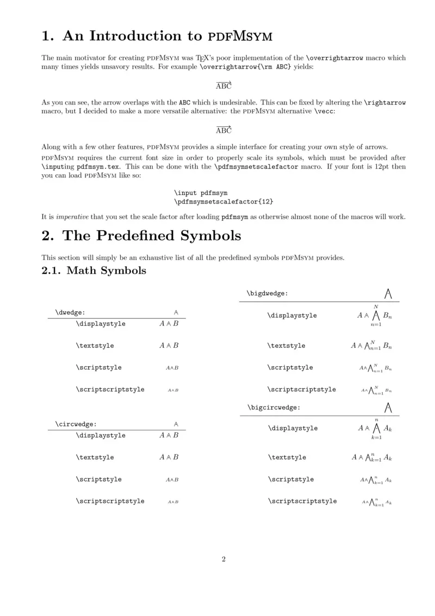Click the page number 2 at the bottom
point(223,559)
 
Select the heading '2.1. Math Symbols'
point(94,270)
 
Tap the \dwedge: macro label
point(70,312)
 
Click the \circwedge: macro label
point(76,424)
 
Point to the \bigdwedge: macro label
point(267,293)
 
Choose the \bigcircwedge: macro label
point(274,407)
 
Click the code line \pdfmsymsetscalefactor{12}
point(224,201)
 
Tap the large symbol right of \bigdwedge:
point(388,294)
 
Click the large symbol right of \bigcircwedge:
point(388,406)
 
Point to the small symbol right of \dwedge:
point(176,312)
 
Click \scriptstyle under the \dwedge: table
point(98,367)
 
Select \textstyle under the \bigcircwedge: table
point(287,458)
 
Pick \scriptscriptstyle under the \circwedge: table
point(110,501)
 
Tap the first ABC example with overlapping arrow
point(223,85)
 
